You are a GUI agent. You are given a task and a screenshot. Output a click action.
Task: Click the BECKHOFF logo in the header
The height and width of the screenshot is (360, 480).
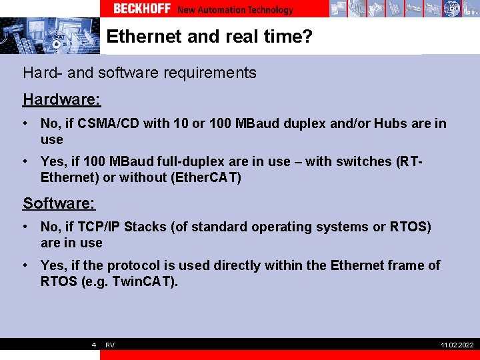pyautogui.click(x=142, y=9)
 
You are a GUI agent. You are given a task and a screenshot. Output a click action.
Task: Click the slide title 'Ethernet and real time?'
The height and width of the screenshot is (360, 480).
pyautogui.click(x=209, y=36)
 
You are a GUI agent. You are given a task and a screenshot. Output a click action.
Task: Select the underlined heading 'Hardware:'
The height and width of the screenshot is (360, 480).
pyautogui.click(x=61, y=99)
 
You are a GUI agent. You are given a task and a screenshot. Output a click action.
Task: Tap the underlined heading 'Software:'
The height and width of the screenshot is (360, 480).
pyautogui.click(x=59, y=203)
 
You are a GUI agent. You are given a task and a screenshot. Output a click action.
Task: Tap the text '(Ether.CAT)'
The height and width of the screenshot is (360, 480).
pyautogui.click(x=207, y=177)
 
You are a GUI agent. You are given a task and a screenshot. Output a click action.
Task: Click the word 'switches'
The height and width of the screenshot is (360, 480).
pyautogui.click(x=365, y=161)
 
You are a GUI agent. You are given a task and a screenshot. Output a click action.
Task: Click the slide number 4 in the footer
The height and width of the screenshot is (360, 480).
pyautogui.click(x=94, y=345)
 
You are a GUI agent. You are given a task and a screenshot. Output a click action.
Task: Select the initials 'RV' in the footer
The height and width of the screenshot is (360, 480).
pyautogui.click(x=110, y=345)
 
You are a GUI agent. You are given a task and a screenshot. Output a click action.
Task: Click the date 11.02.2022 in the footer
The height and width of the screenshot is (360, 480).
pyautogui.click(x=457, y=345)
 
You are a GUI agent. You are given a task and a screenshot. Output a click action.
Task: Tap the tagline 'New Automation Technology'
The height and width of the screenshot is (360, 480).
pyautogui.click(x=235, y=9)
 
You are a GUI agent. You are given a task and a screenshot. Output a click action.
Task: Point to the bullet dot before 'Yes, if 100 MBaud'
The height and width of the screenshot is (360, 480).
pyautogui.click(x=24, y=161)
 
